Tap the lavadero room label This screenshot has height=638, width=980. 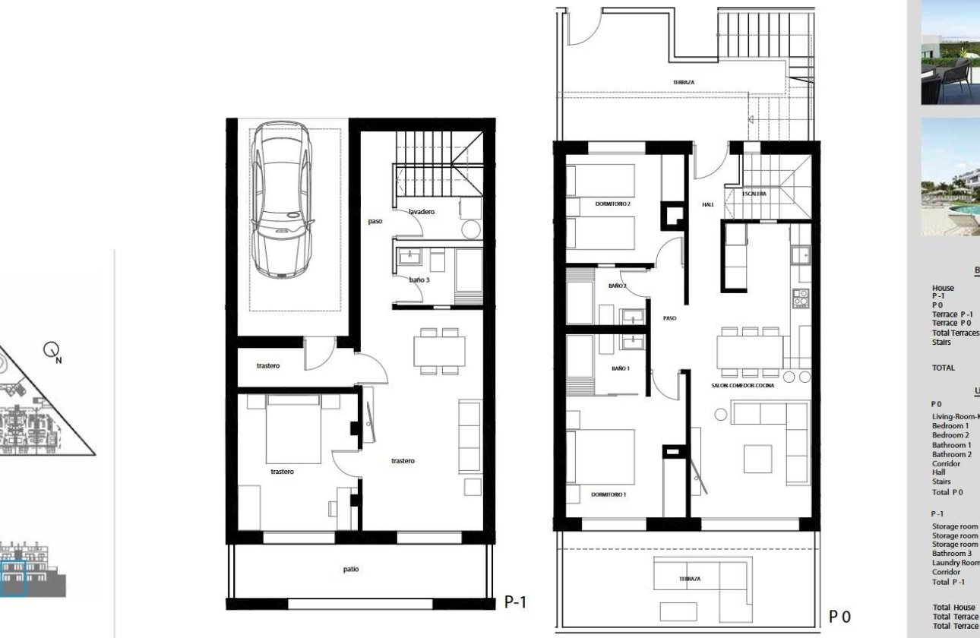point(421,212)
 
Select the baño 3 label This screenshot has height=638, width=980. point(419,280)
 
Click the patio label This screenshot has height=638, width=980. point(350,569)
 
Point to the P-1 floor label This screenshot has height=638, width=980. point(515,602)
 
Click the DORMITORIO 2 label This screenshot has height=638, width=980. point(613,204)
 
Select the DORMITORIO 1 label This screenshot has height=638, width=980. point(609,495)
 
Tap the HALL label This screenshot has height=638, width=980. point(708,204)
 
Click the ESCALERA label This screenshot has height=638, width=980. point(754,194)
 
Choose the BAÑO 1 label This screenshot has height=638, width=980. point(620,368)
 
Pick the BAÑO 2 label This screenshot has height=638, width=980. point(617,286)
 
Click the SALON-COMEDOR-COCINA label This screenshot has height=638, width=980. point(742,387)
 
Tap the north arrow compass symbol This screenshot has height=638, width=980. point(52,351)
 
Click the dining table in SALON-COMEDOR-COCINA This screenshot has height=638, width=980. point(750,352)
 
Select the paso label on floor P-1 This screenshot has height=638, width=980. point(375,222)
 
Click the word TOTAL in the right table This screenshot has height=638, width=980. point(943,368)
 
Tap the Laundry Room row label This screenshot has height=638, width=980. point(955,563)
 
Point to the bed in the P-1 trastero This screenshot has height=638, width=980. point(293,429)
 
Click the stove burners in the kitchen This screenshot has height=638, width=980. point(801,298)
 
